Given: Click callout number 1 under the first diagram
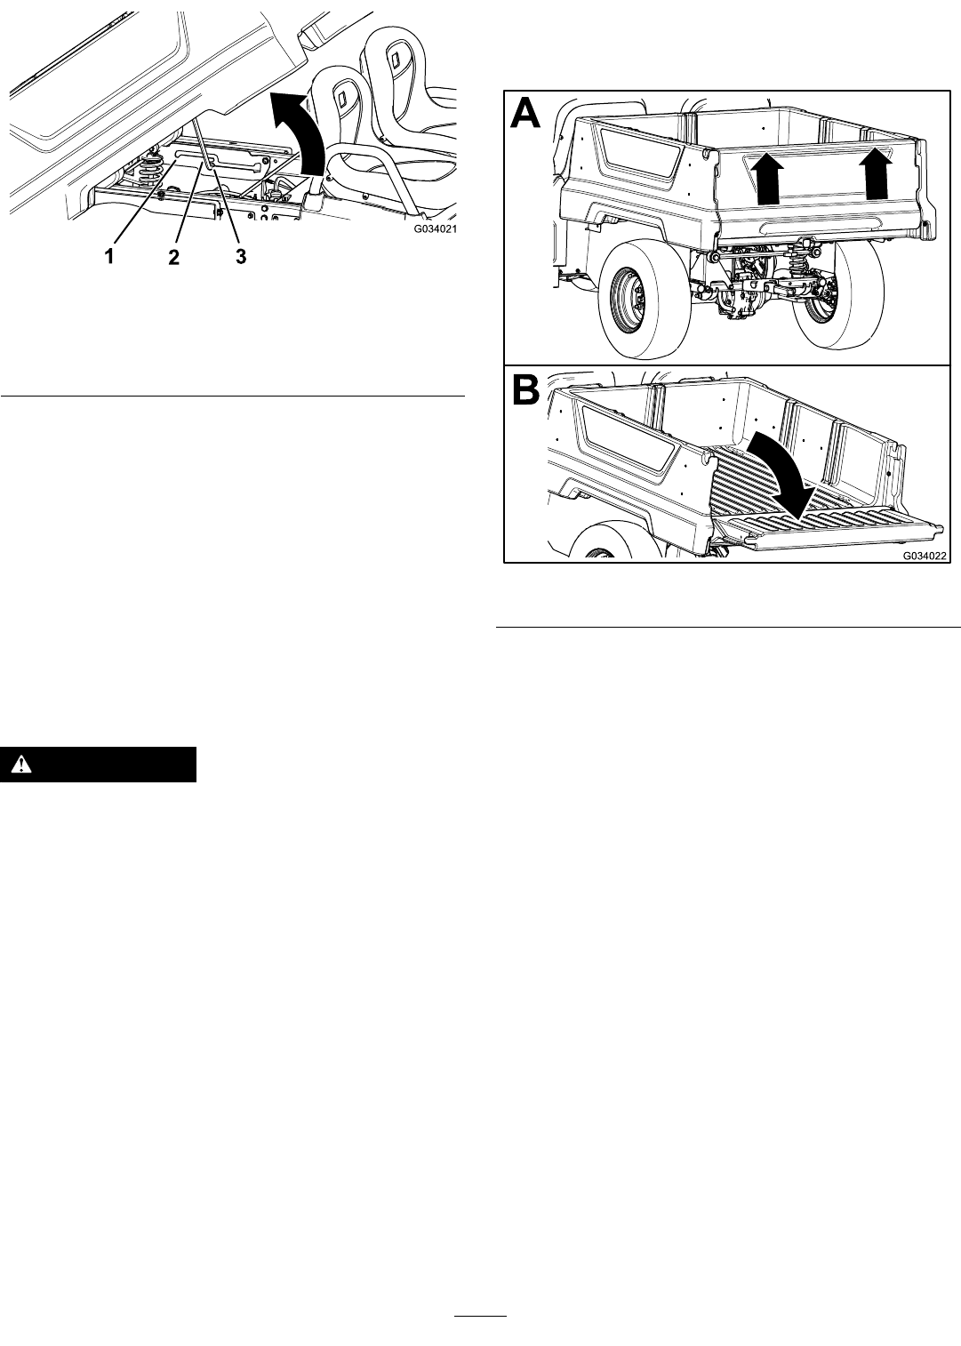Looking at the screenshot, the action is coord(109,257).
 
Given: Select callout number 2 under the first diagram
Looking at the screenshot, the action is coord(173,257).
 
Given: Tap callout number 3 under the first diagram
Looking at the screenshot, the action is coord(240,257).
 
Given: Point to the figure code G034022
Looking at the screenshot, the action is coord(925,557).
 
